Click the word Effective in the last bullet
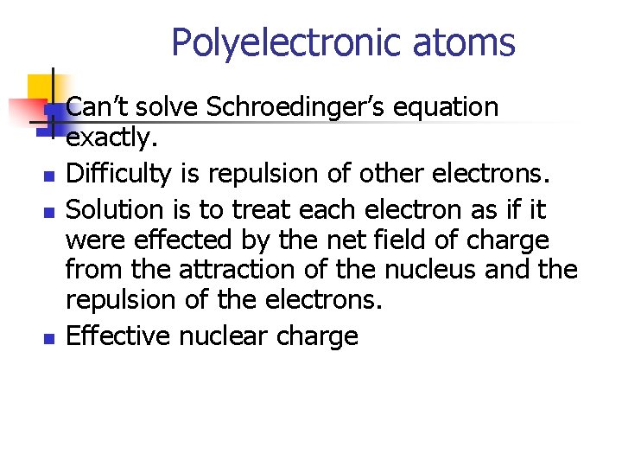pyautogui.click(x=118, y=335)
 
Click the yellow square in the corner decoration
pyautogui.click(x=41, y=88)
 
